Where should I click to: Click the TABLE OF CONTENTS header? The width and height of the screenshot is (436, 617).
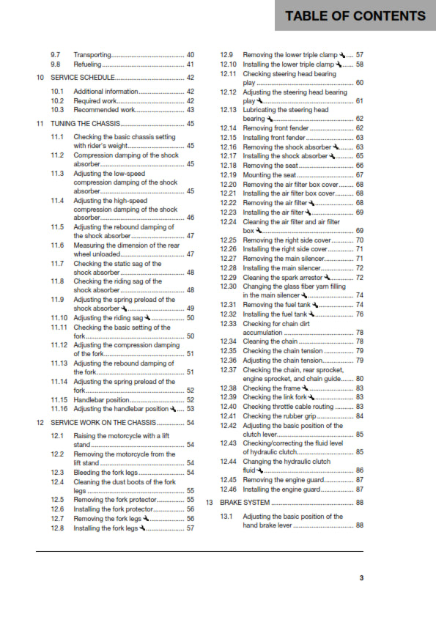[x=355, y=15]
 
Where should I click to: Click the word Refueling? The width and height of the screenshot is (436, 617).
[x=87, y=64]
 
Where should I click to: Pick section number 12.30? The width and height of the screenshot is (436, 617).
[x=228, y=286]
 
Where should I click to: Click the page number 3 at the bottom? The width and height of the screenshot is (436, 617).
[x=361, y=578]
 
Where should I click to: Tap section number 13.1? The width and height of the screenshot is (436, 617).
[x=226, y=517]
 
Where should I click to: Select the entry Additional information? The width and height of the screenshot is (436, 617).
[x=106, y=91]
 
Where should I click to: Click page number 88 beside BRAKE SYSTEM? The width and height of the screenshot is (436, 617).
[x=359, y=503]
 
